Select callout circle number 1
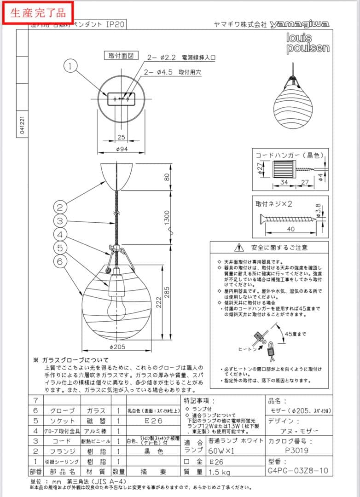[70, 67]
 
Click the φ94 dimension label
[122, 149]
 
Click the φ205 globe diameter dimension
[118, 347]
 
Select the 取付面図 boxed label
[121, 56]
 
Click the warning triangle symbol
[239, 248]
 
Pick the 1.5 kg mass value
[220, 471]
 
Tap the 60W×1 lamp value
[222, 451]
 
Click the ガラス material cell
[96, 410]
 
